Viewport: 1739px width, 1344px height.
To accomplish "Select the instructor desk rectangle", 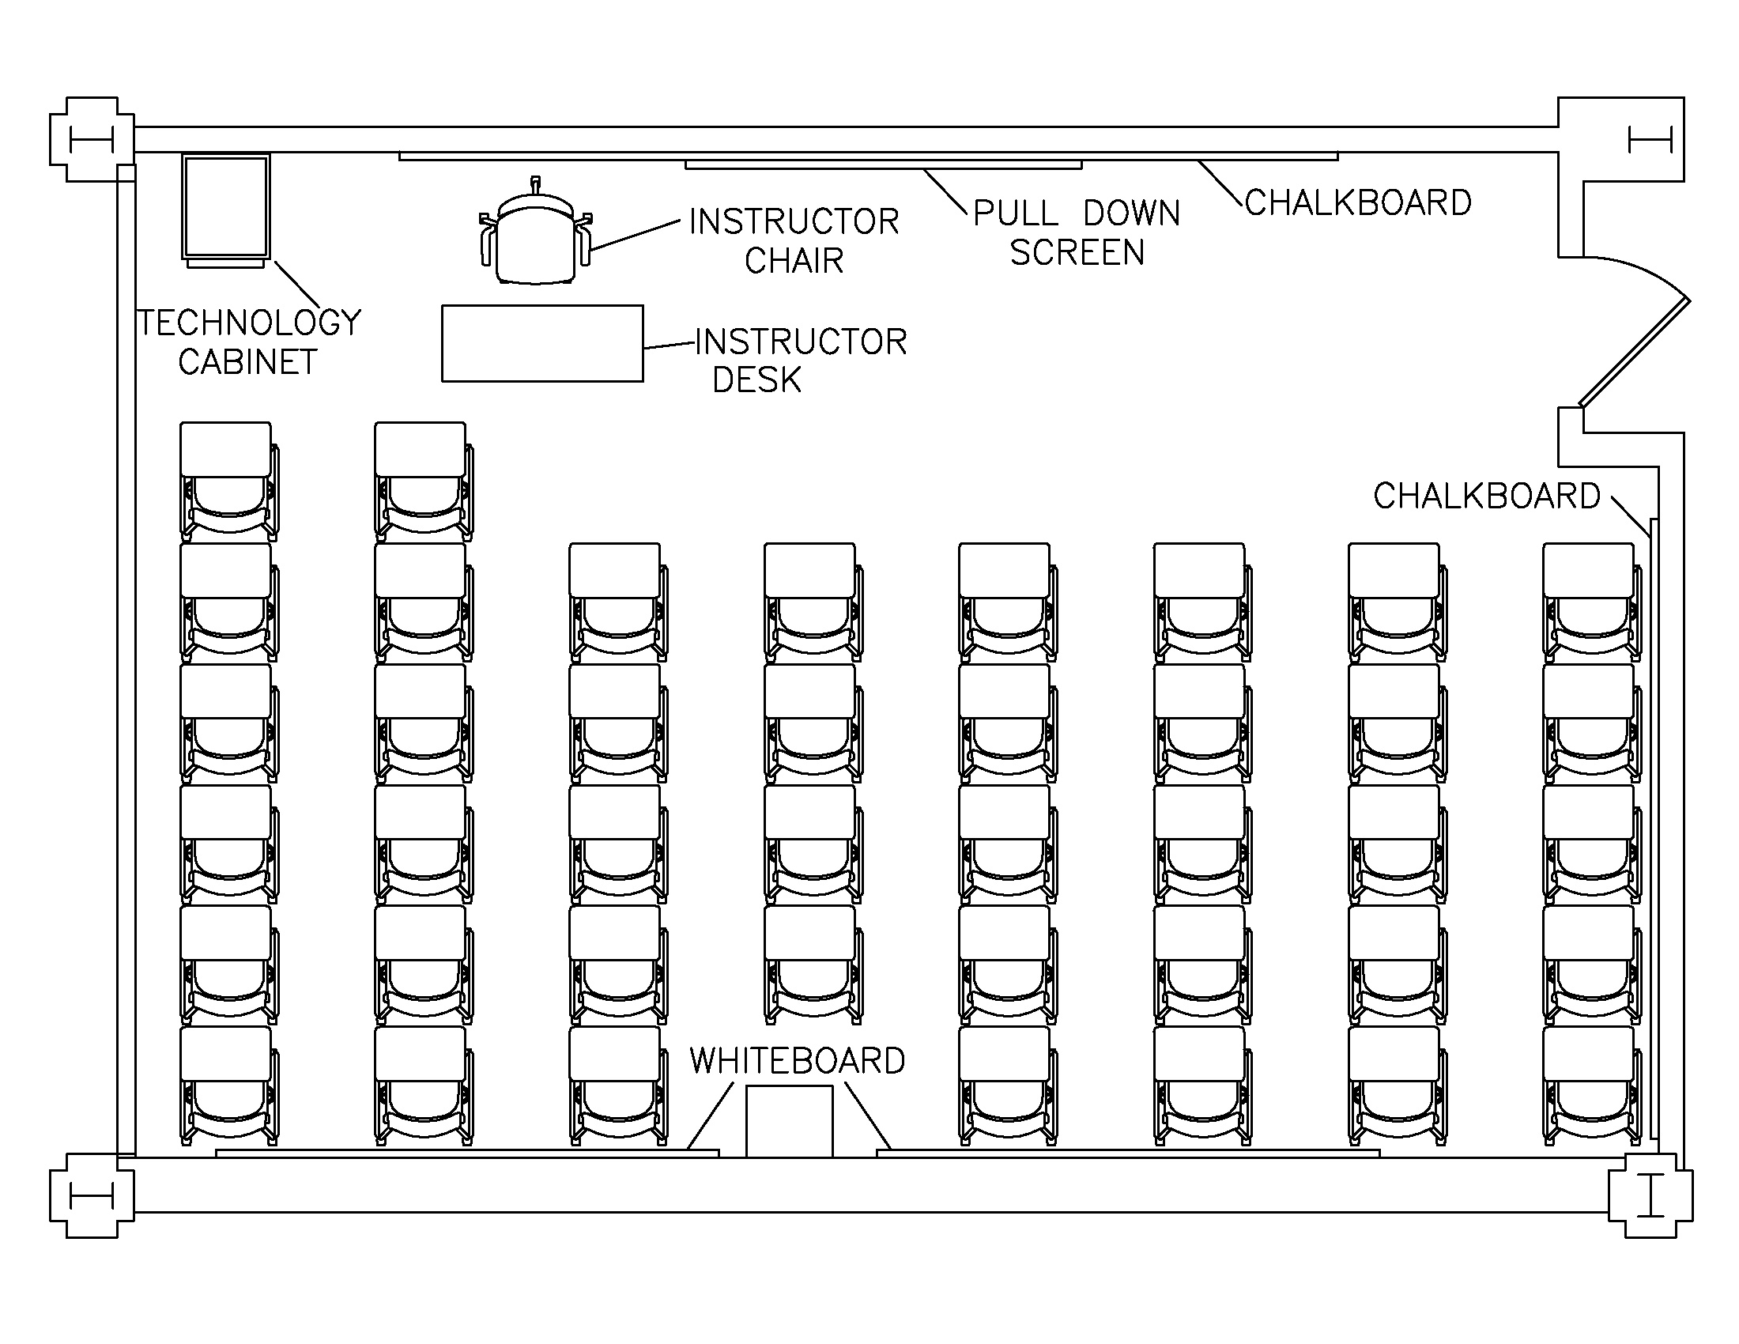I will [542, 343].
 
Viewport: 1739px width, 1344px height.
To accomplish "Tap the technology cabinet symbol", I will [225, 209].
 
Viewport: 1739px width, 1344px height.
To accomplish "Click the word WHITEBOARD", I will [797, 1060].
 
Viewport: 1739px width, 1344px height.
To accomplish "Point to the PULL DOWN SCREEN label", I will [1077, 233].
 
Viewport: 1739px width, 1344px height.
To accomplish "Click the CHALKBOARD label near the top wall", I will [1357, 203].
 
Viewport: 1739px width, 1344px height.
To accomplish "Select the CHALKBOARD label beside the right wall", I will [1486, 496].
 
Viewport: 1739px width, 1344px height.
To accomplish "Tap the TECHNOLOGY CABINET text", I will [249, 342].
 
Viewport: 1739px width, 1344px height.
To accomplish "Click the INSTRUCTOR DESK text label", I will [800, 361].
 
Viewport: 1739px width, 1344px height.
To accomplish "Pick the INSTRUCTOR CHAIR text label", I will [794, 240].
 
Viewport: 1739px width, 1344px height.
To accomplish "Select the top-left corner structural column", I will [91, 140].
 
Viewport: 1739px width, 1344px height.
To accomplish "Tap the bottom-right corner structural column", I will [1650, 1195].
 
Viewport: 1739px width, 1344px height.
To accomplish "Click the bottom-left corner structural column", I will [91, 1195].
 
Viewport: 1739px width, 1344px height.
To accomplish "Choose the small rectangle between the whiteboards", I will [788, 1120].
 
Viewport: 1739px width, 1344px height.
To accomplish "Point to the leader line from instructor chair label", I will [635, 236].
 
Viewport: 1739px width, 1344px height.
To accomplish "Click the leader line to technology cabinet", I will [296, 285].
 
